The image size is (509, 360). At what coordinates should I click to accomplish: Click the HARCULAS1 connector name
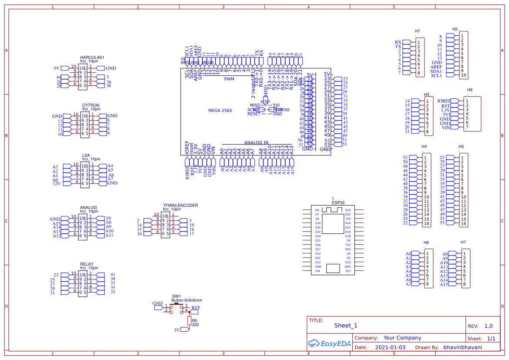92,57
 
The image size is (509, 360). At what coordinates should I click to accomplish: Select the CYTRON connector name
91,105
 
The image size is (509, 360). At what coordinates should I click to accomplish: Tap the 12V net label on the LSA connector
56,184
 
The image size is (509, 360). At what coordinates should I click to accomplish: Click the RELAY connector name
86,264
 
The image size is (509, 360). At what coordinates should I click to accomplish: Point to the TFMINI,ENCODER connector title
180,205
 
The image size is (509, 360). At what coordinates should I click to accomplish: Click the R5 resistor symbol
189,321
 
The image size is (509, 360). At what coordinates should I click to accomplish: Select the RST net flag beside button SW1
196,308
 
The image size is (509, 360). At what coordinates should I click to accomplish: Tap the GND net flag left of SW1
157,303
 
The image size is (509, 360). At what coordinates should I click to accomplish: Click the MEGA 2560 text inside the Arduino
220,111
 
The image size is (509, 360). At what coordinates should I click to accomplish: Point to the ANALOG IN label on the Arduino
256,143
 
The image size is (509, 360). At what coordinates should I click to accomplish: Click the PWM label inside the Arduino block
229,79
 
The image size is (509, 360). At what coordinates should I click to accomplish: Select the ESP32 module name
338,203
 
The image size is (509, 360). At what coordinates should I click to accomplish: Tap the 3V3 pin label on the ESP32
347,271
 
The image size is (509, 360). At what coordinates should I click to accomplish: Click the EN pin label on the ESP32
317,210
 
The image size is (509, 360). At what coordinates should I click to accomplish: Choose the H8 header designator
469,90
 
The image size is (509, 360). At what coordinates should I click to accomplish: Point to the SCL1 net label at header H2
436,76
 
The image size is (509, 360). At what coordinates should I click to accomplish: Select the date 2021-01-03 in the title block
390,347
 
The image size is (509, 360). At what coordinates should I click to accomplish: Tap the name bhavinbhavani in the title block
462,347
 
